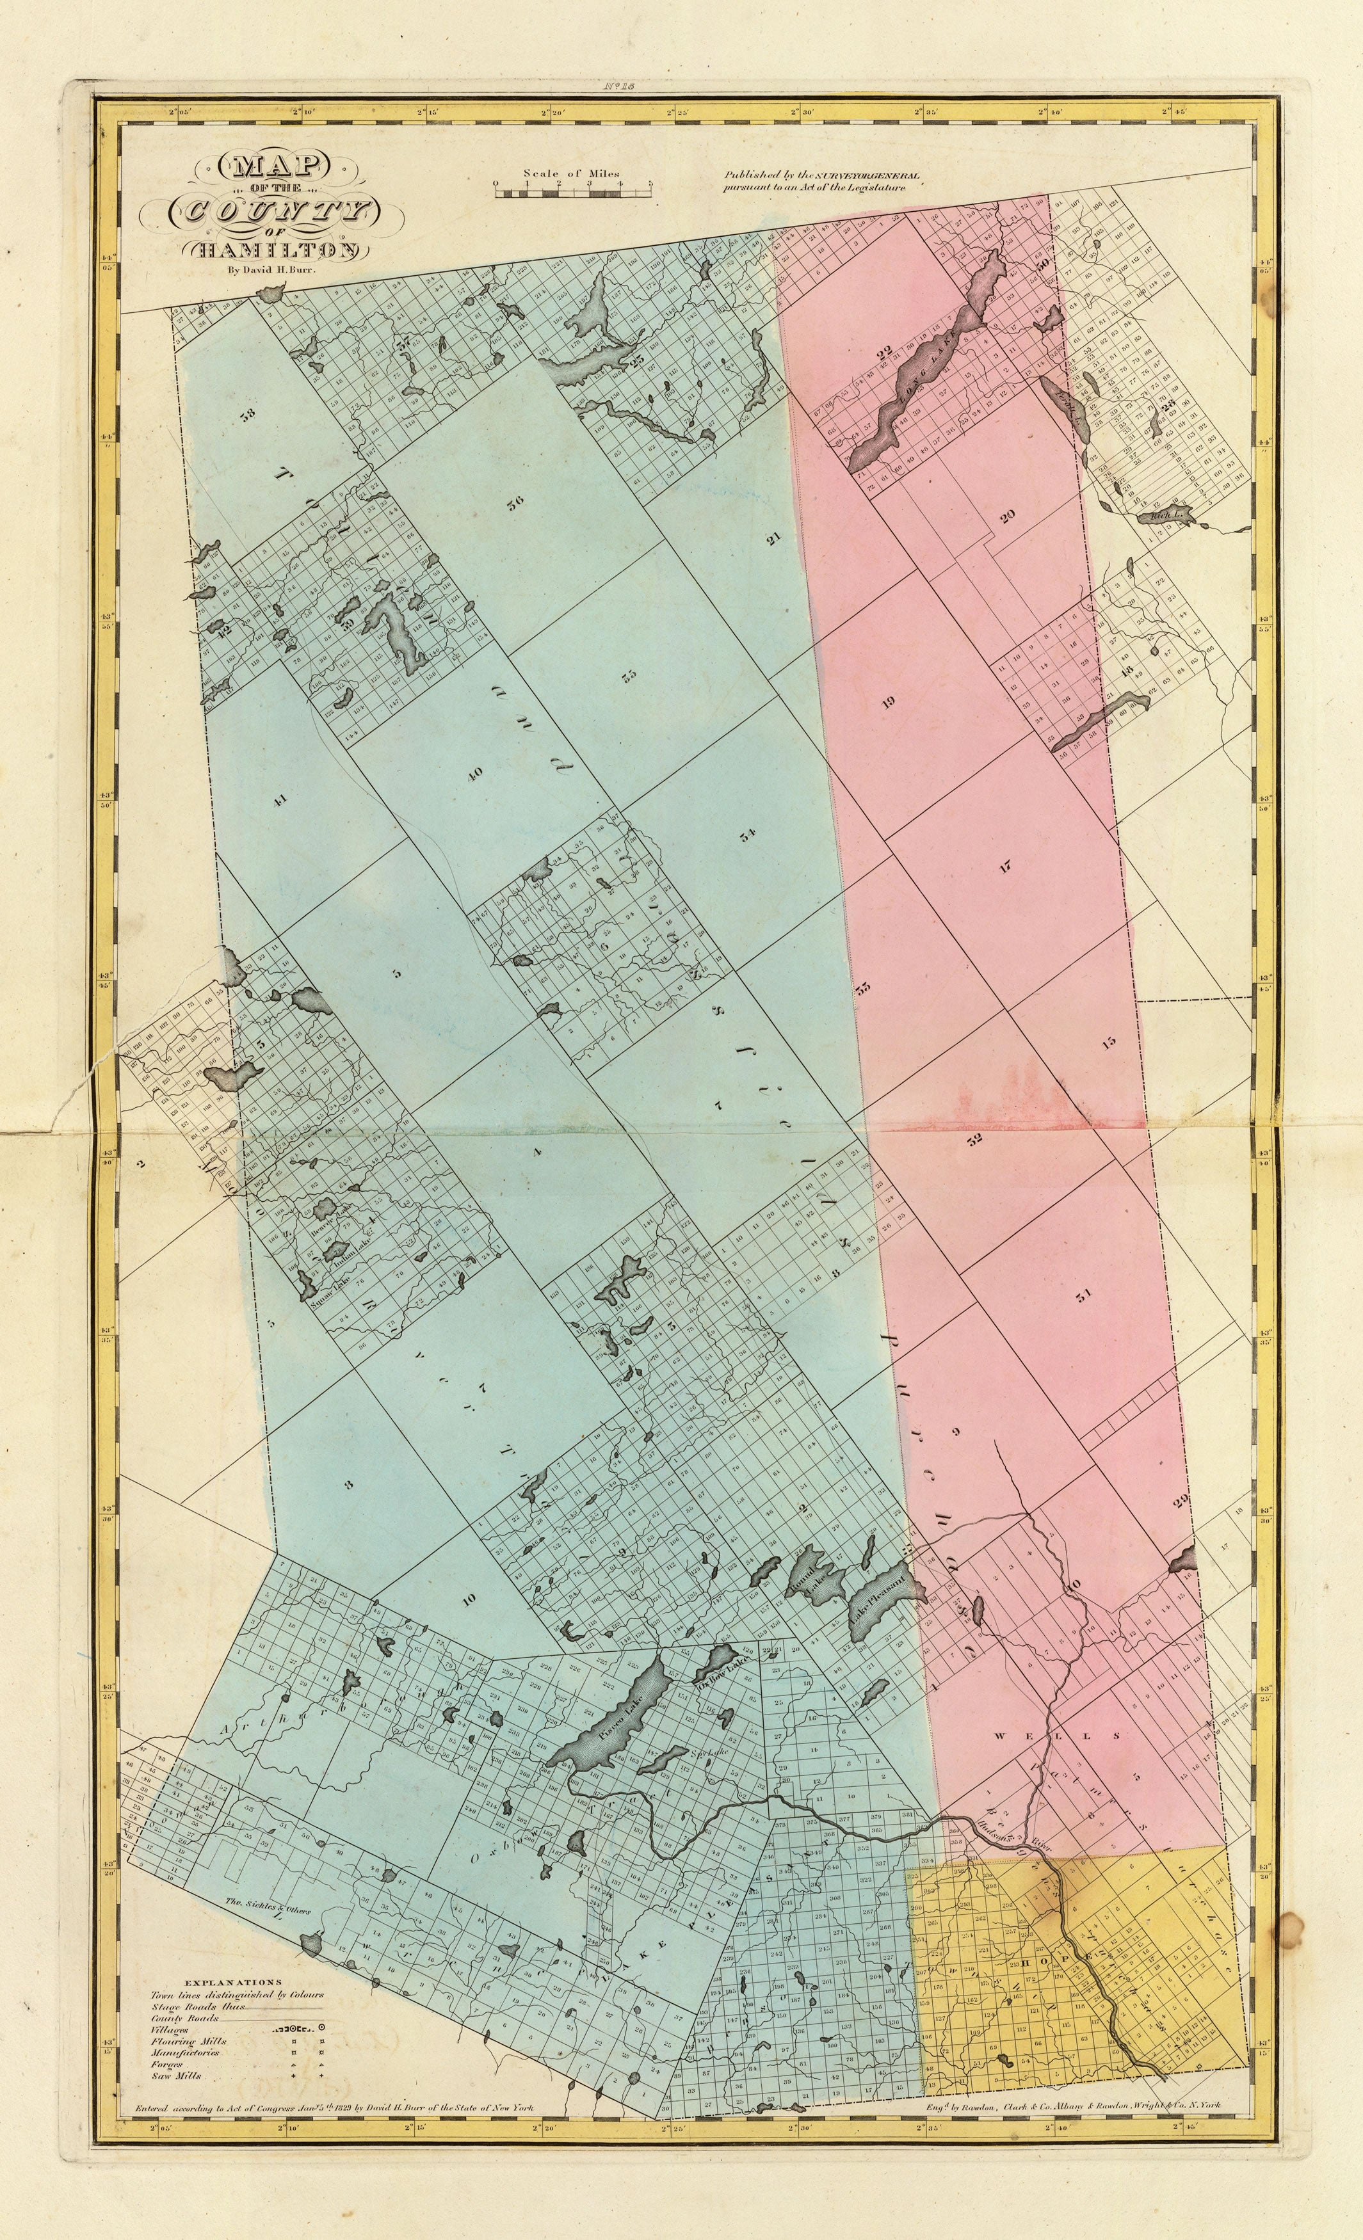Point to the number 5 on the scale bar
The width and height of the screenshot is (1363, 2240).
click(649, 183)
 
